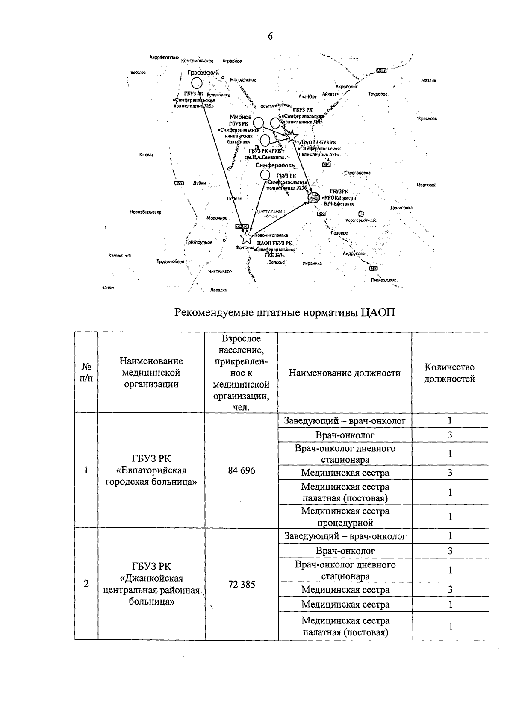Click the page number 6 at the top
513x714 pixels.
pos(270,36)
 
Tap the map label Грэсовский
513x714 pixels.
pos(203,73)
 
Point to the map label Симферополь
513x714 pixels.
pos(275,165)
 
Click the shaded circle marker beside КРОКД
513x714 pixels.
pos(314,197)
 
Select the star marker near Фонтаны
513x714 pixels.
pos(246,237)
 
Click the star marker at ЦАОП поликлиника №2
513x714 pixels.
pos(292,136)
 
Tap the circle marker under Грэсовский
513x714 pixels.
pos(197,82)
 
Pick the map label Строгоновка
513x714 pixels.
pos(357,173)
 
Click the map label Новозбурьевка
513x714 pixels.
pos(146,212)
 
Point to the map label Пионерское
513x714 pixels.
pos(384,280)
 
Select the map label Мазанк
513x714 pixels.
pos(428,80)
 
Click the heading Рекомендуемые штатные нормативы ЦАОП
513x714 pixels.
pos(285,312)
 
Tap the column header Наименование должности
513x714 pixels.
pos(345,373)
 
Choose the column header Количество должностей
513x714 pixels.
pos(449,373)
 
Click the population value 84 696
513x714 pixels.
pos(242,470)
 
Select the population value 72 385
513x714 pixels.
pos(242,585)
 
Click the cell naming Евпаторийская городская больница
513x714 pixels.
pos(151,470)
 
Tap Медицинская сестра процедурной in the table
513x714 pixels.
pos(345,517)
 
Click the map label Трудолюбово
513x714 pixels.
pos(170,262)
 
